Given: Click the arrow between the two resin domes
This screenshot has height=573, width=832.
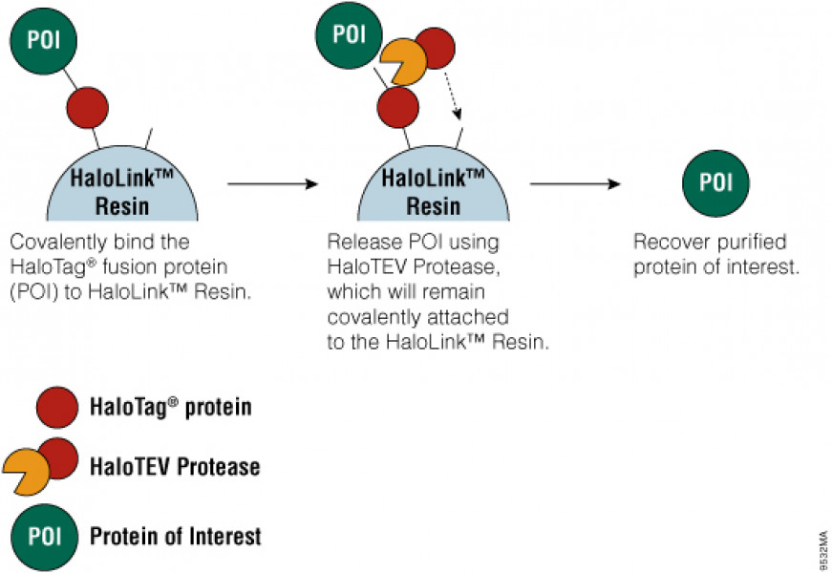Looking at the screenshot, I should tap(271, 183).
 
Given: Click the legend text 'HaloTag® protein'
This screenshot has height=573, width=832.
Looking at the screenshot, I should tap(170, 408).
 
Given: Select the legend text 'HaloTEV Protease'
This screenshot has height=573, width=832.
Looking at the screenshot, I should tap(174, 467).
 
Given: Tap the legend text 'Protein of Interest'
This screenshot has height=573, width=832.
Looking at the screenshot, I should tap(175, 536).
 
